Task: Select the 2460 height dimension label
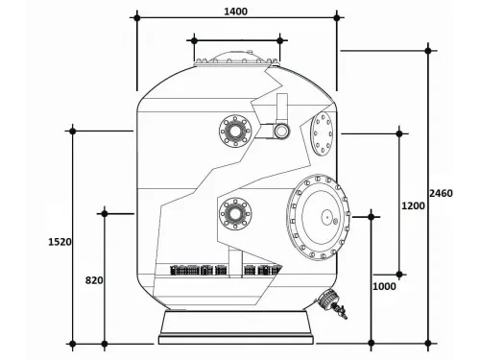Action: pyautogui.click(x=442, y=193)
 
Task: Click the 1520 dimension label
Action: pyautogui.click(x=59, y=243)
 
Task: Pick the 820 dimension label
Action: pyautogui.click(x=94, y=280)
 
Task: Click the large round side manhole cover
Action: pyautogui.click(x=317, y=220)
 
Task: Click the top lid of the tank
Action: pyautogui.click(x=237, y=60)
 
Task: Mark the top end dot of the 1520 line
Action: pyautogui.click(x=73, y=130)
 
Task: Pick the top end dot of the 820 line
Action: pyautogui.click(x=105, y=213)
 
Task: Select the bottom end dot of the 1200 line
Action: pyautogui.click(x=400, y=275)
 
